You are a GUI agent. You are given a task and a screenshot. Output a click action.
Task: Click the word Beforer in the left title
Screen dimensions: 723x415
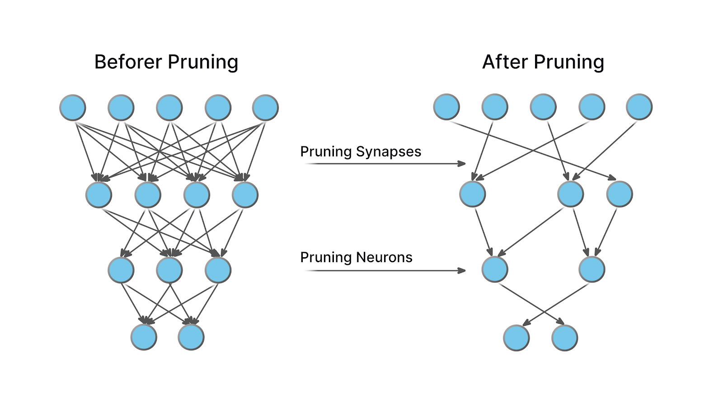click(128, 61)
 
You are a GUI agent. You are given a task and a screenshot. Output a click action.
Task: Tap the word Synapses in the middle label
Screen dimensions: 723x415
click(388, 152)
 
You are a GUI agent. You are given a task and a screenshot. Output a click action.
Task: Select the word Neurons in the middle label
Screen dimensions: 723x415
click(384, 257)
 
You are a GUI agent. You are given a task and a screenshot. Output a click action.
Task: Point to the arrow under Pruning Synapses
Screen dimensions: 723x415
click(385, 164)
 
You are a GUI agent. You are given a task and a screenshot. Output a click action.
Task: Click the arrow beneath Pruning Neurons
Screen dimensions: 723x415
click(385, 270)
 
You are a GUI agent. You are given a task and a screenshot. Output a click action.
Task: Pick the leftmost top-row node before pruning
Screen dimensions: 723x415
click(73, 108)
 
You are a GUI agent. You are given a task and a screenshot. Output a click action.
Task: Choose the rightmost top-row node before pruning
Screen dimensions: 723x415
click(265, 108)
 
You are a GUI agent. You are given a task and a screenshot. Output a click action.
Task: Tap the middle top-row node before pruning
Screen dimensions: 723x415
click(169, 108)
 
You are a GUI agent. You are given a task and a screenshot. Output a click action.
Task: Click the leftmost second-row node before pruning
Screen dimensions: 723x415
click(99, 195)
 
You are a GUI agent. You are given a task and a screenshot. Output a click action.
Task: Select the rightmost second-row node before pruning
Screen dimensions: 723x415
click(245, 195)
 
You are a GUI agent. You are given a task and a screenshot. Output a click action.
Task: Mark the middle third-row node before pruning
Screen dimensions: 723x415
click(169, 270)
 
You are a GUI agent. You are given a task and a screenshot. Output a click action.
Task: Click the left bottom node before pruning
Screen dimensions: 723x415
click(144, 337)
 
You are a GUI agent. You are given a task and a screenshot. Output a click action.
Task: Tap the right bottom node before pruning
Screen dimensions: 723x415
click(191, 337)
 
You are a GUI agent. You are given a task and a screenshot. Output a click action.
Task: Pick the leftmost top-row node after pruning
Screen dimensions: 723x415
click(446, 107)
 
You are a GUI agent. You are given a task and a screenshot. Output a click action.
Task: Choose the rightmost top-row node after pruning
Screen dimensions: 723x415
click(639, 107)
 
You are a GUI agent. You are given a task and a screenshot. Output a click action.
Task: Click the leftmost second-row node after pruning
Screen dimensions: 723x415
click(473, 194)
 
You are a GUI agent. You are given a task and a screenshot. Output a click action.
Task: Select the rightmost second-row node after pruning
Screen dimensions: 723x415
click(620, 194)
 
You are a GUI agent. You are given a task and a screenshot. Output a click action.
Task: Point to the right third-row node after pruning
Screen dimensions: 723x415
click(592, 269)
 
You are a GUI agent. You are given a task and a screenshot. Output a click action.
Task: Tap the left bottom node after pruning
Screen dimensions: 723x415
click(516, 338)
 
